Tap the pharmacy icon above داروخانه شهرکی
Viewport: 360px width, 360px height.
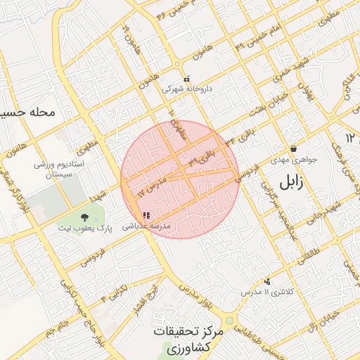pyautogui.click(x=186, y=79)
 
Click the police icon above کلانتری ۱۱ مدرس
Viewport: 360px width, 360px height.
pyautogui.click(x=267, y=281)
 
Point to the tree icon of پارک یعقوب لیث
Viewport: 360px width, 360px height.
pyautogui.click(x=85, y=217)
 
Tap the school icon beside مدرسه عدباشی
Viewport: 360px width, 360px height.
pyautogui.click(x=146, y=216)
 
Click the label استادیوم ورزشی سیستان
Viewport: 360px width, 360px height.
pyautogui.click(x=60, y=169)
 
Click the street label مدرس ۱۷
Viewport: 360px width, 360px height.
pyautogui.click(x=154, y=186)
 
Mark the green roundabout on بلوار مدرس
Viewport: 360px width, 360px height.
pyautogui.click(x=229, y=321)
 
